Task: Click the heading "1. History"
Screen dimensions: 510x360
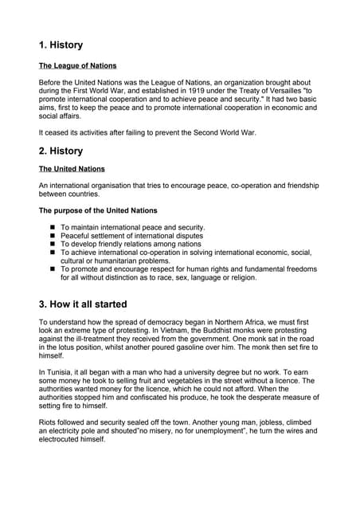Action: (x=61, y=45)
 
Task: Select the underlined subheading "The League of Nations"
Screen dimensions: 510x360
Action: (x=77, y=65)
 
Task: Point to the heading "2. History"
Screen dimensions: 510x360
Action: (x=61, y=151)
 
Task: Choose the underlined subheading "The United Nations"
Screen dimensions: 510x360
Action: (x=72, y=169)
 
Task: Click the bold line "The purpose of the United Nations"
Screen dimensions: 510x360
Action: (x=98, y=210)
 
